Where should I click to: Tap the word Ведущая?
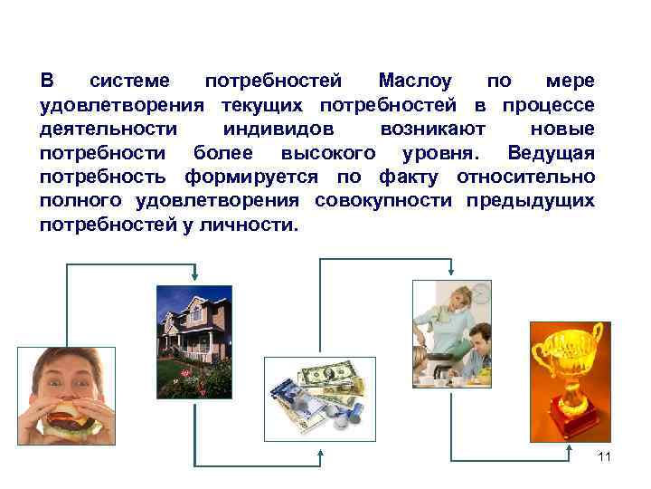pyautogui.click(x=552, y=152)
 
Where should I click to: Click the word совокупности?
pyautogui.click(x=385, y=199)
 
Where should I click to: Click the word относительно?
pyautogui.click(x=526, y=176)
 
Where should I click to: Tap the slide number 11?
pyautogui.click(x=605, y=456)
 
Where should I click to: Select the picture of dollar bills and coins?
pyautogui.click(x=316, y=397)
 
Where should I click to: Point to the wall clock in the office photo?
pyautogui.click(x=482, y=292)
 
